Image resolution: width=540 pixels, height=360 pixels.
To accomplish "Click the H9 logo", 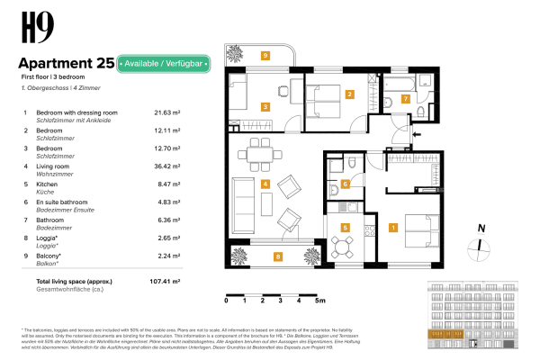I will pyautogui.click(x=32, y=29).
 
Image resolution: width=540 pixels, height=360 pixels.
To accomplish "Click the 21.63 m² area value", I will pyautogui.click(x=168, y=112).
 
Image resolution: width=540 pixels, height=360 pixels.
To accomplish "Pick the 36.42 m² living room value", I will pyautogui.click(x=168, y=166).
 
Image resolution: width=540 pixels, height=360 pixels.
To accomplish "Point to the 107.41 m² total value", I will pyautogui.click(x=166, y=281).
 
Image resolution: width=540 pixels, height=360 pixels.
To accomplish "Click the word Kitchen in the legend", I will pyautogui.click(x=47, y=184).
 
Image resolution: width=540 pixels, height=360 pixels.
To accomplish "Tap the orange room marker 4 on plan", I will pyautogui.click(x=265, y=184).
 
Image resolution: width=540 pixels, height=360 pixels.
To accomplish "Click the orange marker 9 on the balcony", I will pyautogui.click(x=265, y=56).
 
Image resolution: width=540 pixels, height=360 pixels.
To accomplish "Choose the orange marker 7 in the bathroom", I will pyautogui.click(x=405, y=98).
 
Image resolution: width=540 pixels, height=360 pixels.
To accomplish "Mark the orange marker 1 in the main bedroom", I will pyautogui.click(x=392, y=228).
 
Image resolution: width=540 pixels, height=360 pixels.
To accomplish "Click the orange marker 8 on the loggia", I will pyautogui.click(x=278, y=256).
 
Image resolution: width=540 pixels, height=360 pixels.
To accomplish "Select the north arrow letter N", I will pyautogui.click(x=482, y=229).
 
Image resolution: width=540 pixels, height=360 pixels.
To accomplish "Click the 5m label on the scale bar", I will pyautogui.click(x=319, y=300).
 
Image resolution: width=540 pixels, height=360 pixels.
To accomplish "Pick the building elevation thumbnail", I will pyautogui.click(x=473, y=315).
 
